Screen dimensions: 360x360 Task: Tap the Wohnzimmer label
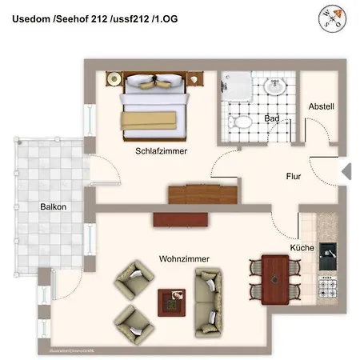186,260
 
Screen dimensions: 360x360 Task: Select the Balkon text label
54,206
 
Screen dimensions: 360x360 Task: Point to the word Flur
294,177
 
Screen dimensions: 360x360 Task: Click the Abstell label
321,106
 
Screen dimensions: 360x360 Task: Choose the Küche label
302,248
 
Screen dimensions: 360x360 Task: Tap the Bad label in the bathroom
271,120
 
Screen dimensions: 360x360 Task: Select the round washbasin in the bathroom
274,86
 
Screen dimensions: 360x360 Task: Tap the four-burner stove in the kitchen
329,286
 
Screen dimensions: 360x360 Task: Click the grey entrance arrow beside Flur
346,170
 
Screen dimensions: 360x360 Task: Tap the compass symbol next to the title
334,17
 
